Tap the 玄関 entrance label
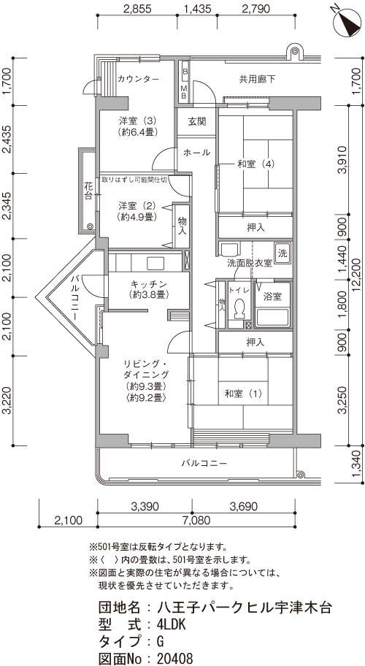(197, 121)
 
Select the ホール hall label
(196, 153)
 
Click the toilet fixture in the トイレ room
(240, 309)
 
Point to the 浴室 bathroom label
(273, 296)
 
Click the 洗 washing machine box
(283, 253)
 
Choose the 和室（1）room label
(244, 394)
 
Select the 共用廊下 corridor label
(257, 79)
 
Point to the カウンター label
(138, 79)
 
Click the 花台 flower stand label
(88, 191)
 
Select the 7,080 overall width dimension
(196, 520)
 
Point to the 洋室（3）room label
(137, 126)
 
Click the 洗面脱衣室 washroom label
(250, 263)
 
